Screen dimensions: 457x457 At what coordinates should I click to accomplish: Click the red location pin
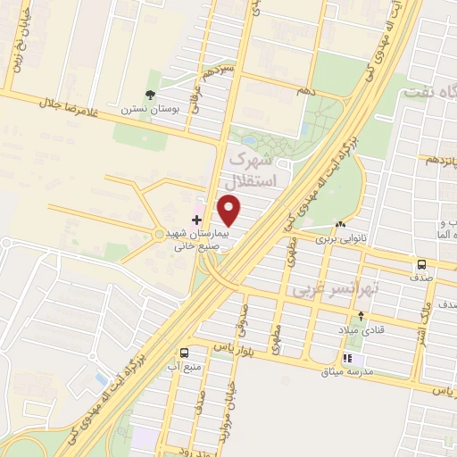[230, 211]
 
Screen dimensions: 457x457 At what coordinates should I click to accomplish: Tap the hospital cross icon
[196, 219]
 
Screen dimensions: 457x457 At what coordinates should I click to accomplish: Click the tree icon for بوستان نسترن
[150, 95]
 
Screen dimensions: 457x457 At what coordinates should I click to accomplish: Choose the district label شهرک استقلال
[254, 170]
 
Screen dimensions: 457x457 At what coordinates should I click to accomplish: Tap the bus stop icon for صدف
[420, 264]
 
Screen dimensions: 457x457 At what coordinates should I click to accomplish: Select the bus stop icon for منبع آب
[183, 353]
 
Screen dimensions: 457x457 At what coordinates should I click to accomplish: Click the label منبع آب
[183, 366]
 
